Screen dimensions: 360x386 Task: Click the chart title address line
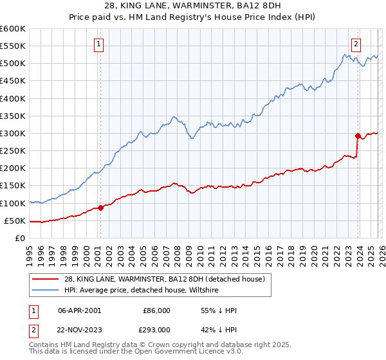(x=192, y=7)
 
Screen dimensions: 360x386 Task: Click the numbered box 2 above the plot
(x=356, y=44)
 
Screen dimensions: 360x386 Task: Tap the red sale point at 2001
(x=100, y=208)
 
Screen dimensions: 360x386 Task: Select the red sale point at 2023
(x=358, y=136)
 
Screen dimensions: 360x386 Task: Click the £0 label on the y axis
(x=19, y=238)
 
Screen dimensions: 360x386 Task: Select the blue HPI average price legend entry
(x=142, y=291)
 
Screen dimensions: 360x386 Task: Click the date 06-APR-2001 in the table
(x=79, y=310)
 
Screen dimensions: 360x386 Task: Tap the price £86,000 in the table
(x=156, y=310)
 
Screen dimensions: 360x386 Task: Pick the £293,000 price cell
(x=156, y=329)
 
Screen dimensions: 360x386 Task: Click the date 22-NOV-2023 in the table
(x=79, y=329)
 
